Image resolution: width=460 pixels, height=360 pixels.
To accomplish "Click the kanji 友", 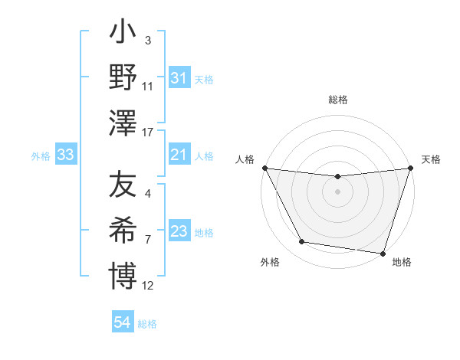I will (123, 185).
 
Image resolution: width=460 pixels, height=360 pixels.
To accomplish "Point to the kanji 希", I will (123, 230).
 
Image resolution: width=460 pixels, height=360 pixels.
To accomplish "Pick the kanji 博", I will (123, 274).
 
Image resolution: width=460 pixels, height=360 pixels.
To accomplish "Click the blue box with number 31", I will (179, 78).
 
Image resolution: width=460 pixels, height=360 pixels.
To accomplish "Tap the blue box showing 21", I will (179, 155).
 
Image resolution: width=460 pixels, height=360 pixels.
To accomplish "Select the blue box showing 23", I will (179, 231).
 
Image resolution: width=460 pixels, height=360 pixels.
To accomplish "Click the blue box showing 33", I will (65, 155).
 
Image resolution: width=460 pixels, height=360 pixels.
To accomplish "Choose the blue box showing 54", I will (122, 323).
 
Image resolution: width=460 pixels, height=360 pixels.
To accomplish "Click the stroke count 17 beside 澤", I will (148, 133).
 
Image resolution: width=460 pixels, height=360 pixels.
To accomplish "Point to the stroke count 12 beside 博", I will (148, 286).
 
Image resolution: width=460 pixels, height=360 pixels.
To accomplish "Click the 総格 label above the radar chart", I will (338, 100).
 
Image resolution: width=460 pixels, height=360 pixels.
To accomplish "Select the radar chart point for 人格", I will (265, 168).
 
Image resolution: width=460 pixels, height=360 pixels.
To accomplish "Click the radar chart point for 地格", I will (383, 253).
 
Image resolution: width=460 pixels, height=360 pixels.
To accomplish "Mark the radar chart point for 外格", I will (302, 243).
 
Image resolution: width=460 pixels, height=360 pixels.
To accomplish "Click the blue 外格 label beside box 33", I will (41, 156).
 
